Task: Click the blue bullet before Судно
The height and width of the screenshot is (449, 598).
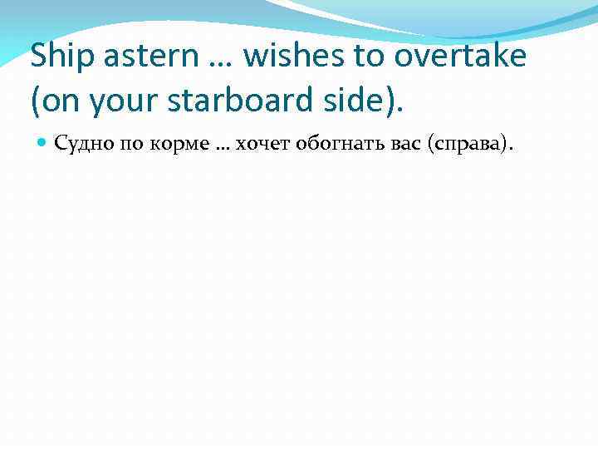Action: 43,145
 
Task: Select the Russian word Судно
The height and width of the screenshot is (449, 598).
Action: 81,145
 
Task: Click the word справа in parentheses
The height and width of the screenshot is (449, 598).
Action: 470,145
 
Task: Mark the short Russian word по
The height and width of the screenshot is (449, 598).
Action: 129,145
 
